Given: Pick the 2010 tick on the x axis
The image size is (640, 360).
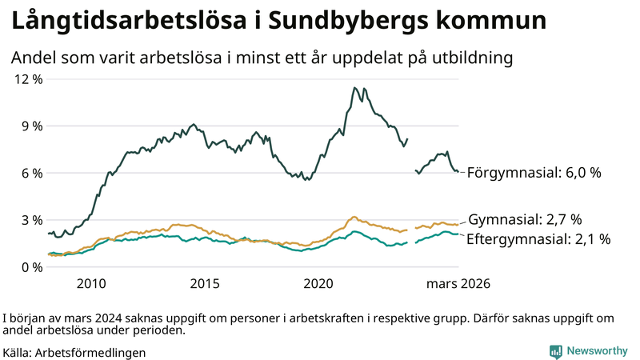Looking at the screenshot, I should (x=91, y=284).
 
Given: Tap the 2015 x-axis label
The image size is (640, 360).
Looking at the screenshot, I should (x=206, y=284).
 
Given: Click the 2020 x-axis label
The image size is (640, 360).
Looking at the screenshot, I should (x=319, y=284).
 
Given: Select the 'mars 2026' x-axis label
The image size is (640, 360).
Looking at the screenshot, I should (x=458, y=284).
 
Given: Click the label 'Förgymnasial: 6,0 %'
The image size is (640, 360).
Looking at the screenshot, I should (x=534, y=173).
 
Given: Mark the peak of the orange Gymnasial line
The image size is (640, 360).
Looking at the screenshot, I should (x=354, y=217).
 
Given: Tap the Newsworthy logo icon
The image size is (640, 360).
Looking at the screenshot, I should (x=555, y=351).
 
